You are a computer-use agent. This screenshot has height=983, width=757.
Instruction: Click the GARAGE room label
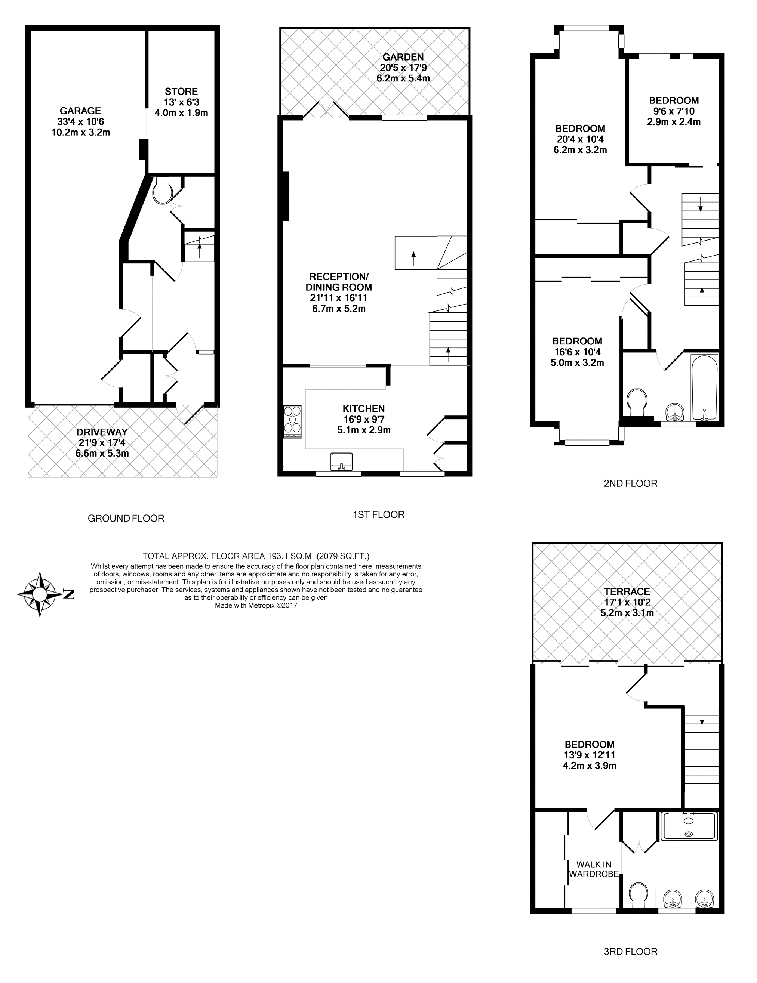pos(80,111)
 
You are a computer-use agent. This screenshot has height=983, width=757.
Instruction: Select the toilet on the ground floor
pos(161,191)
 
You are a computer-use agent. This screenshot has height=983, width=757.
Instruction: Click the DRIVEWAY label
pos(102,432)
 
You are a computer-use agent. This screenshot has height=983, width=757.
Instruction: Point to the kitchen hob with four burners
pos(292,422)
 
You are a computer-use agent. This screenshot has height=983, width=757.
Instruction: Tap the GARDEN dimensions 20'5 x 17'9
pos(403,68)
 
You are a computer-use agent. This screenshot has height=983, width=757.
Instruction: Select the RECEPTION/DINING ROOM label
pos(339,282)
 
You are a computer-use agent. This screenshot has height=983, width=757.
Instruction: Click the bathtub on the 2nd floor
pos(704,387)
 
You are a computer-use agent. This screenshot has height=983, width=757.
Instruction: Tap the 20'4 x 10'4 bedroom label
pos(580,139)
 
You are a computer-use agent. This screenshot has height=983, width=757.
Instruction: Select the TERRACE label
pos(627,591)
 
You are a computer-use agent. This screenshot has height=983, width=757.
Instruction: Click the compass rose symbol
pos(40,594)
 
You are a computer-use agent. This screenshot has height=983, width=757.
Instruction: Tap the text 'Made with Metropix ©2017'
pos(256,605)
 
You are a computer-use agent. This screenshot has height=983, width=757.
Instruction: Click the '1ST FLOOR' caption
pos(378,514)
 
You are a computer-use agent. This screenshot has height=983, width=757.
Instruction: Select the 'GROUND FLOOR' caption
pos(126,519)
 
